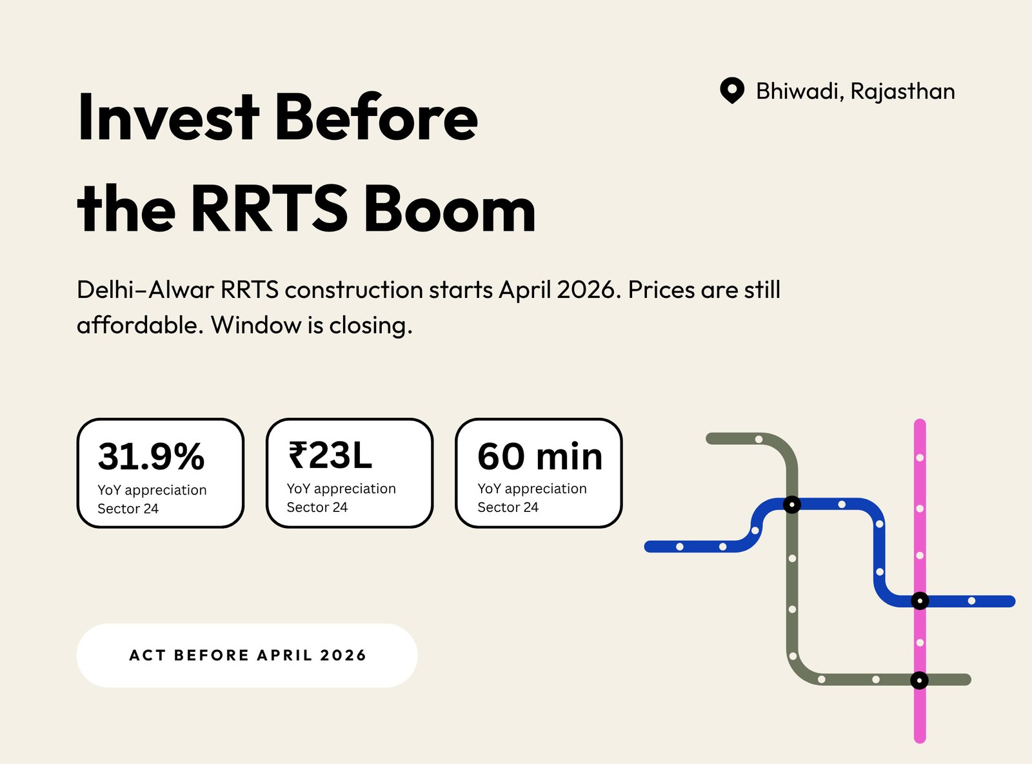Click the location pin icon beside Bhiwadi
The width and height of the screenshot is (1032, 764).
point(732,90)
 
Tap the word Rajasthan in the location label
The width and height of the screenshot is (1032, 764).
point(902,91)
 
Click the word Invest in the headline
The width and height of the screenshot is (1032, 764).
point(168,117)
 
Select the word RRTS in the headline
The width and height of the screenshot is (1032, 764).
point(270,208)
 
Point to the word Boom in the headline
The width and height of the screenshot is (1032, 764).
point(450,208)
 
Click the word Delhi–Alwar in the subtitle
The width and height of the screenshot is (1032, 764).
point(145,289)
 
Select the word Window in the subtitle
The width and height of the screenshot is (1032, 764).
point(256,325)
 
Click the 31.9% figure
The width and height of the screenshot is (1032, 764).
point(151,456)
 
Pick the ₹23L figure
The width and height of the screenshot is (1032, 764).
point(330,455)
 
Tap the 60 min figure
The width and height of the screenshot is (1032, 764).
point(540,456)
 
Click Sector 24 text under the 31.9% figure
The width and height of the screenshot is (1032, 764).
point(128,509)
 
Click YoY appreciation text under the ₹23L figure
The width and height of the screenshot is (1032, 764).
point(341,489)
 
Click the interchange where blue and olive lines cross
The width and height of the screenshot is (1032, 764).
point(792,504)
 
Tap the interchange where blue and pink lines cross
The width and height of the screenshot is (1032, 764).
point(920,601)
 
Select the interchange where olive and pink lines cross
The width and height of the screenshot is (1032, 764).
point(919,680)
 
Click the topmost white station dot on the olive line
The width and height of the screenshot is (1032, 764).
point(759,439)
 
